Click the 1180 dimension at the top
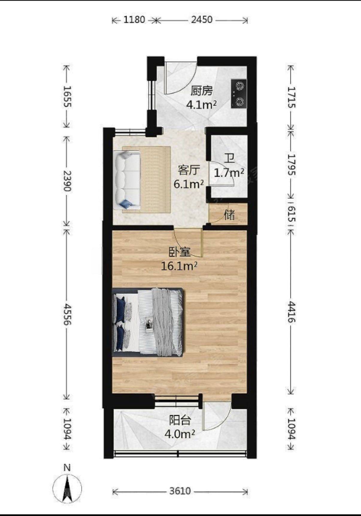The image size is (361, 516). pyautogui.click(x=134, y=20)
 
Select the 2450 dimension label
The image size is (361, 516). pyautogui.click(x=202, y=20)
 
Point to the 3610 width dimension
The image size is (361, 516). pyautogui.click(x=180, y=491)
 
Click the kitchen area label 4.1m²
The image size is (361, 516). pyautogui.click(x=201, y=105)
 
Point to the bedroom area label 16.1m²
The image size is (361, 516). pyautogui.click(x=179, y=266)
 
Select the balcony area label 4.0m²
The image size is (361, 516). pyautogui.click(x=180, y=434)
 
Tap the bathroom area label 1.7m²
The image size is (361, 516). pyautogui.click(x=229, y=172)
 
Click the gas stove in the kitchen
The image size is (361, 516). pyautogui.click(x=239, y=94)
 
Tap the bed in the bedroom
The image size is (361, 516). pyautogui.click(x=148, y=322)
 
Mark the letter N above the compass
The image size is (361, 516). pyautogui.click(x=67, y=468)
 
